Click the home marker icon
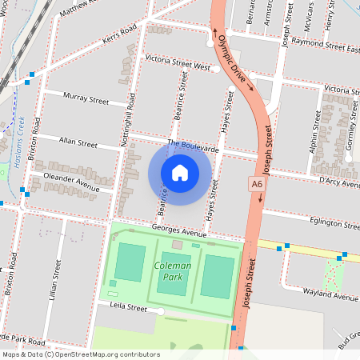pos(180,172)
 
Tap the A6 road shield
pos(256,184)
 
